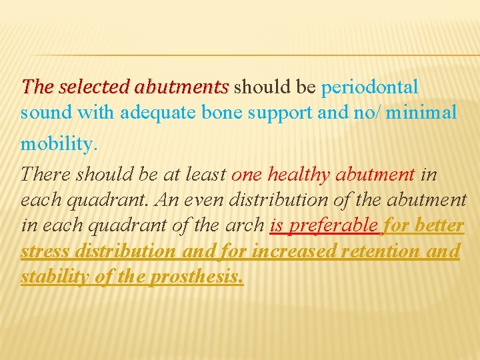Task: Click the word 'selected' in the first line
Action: (x=94, y=87)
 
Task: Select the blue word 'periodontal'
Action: (x=370, y=87)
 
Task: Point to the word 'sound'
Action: (x=46, y=113)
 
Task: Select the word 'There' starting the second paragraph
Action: (x=46, y=175)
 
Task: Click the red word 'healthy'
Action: (x=299, y=175)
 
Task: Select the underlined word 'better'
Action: (x=439, y=225)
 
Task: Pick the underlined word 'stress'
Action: (x=47, y=251)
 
